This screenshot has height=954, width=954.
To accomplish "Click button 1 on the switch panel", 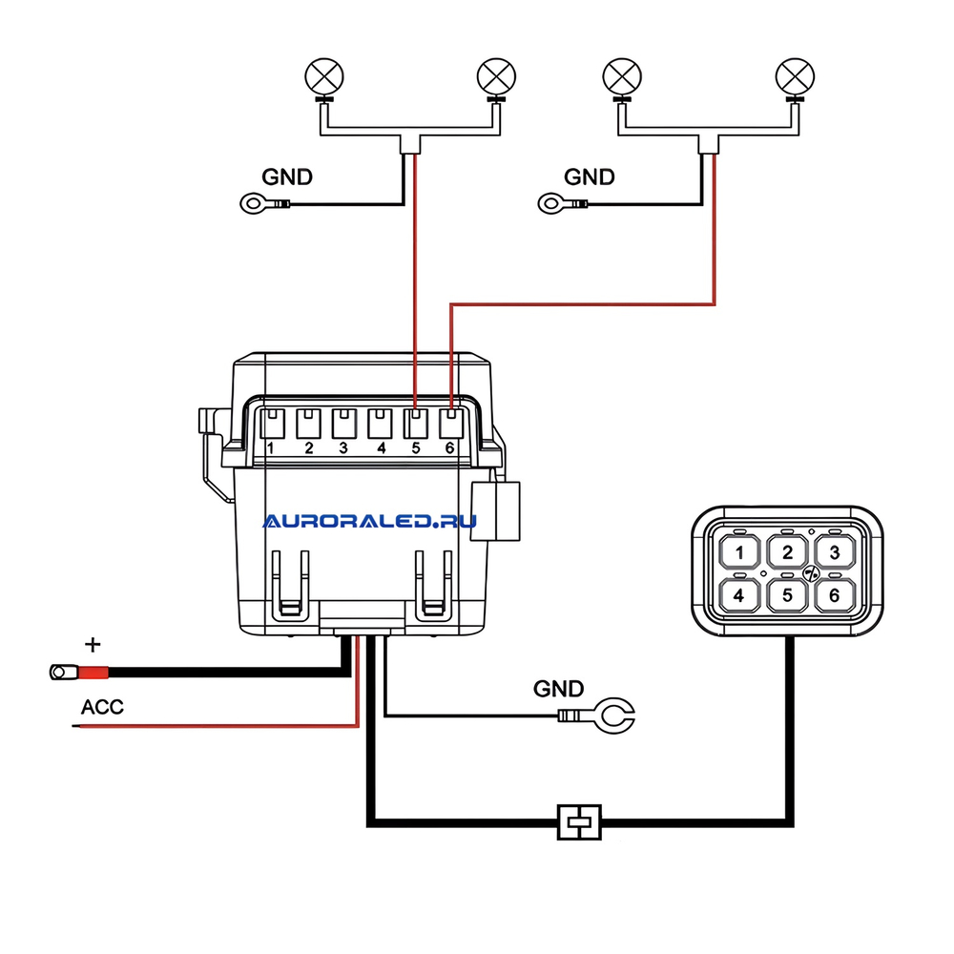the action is (739, 552).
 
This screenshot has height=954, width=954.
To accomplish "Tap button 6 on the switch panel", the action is (835, 595).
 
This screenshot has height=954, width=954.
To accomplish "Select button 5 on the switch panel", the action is (787, 595).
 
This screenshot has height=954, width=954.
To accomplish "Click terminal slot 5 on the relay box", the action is (416, 424).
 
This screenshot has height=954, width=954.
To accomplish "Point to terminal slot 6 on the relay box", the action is (451, 424).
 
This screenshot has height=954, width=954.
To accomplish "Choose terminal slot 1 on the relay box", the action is (272, 424).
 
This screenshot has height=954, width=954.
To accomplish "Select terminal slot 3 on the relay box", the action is (343, 424).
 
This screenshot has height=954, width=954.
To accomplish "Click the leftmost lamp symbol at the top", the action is (324, 78).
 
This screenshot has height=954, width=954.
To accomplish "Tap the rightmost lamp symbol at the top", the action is (796, 78).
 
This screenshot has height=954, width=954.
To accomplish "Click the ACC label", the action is (102, 707).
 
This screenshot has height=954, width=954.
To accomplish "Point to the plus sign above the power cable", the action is (93, 644).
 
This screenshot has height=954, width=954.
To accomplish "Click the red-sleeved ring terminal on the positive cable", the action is (79, 673).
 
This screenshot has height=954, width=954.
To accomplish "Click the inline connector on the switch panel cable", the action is (579, 822).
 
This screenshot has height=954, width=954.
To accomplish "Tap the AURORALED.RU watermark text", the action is (370, 522).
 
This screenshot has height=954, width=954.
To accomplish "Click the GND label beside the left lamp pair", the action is (287, 177).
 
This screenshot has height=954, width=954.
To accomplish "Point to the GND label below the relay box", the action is (558, 689).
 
